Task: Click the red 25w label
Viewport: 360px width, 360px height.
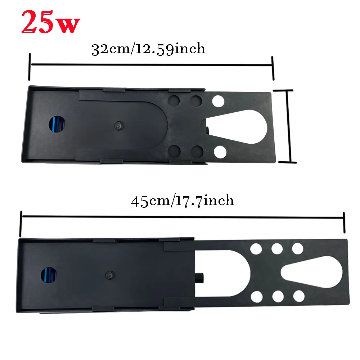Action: coord(51,22)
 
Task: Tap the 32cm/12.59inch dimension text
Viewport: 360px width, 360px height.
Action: coord(148,49)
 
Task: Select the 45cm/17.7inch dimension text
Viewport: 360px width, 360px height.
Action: coord(182,201)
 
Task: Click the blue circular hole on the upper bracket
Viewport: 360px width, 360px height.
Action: coord(57,124)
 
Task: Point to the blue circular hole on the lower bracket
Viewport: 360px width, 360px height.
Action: coord(49,275)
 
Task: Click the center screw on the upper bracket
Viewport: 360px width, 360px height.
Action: coord(119,126)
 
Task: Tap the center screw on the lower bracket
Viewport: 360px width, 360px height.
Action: coord(110,275)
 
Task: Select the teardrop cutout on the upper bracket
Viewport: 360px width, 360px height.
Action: coord(237,127)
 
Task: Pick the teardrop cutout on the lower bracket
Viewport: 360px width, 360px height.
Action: coord(311,272)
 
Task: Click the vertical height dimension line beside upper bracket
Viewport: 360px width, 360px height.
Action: coord(289,126)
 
